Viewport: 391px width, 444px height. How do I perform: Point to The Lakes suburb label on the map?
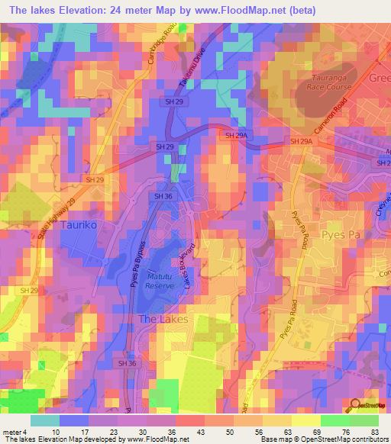(163, 318)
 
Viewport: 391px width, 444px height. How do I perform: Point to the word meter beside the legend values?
(11, 431)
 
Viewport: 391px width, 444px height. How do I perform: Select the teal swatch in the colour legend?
(46, 420)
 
